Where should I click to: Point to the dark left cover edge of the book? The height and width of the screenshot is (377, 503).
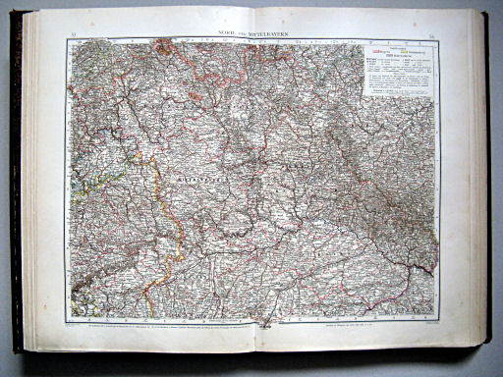17,187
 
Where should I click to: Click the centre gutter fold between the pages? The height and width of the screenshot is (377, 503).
253,187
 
